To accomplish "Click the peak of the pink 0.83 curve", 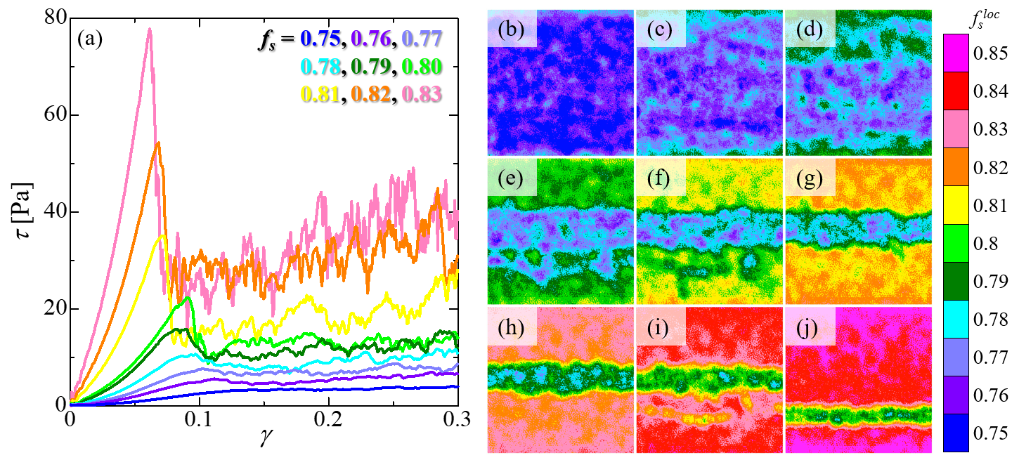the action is pyautogui.click(x=149, y=29).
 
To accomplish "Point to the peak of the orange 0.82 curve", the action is pyautogui.click(x=158, y=143).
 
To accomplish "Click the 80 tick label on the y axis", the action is pyautogui.click(x=56, y=18).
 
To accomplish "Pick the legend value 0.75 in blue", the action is pyautogui.click(x=320, y=39).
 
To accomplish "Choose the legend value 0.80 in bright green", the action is pyautogui.click(x=422, y=66).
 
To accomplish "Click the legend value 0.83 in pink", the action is pyautogui.click(x=422, y=94).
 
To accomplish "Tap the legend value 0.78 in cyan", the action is pyautogui.click(x=320, y=66).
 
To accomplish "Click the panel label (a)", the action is pyautogui.click(x=90, y=39).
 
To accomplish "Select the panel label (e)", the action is pyautogui.click(x=510, y=178).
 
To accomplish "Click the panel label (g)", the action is pyautogui.click(x=810, y=178).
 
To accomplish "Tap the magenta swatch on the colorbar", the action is pyautogui.click(x=956, y=53).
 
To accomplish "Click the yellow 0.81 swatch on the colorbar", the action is pyautogui.click(x=956, y=204).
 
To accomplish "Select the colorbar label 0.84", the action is pyautogui.click(x=991, y=91).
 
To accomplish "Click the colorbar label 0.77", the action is pyautogui.click(x=991, y=357).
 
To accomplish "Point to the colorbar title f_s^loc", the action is pyautogui.click(x=984, y=19).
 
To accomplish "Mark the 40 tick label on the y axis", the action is pyautogui.click(x=56, y=211).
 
